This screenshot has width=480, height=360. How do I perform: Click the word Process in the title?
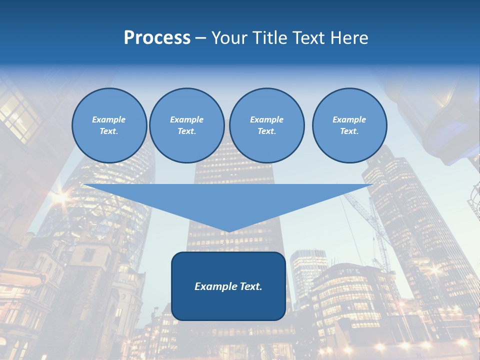[x=157, y=38]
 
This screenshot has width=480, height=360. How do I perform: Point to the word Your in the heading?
[x=229, y=38]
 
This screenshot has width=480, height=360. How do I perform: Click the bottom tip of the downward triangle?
[x=228, y=231]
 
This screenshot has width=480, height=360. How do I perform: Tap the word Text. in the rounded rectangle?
[x=250, y=286]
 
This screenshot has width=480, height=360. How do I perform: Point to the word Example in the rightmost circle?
[x=349, y=119]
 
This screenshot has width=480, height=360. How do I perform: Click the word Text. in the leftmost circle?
[x=109, y=131]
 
